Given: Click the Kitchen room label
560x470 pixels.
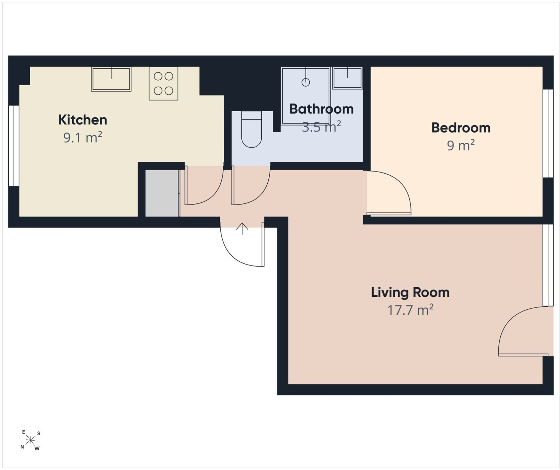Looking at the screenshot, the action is tap(83, 120).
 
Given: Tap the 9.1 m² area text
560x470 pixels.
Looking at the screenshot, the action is tap(83, 137).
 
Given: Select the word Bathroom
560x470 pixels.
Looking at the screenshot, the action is tap(321, 109).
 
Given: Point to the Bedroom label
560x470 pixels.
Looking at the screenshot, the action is tap(461, 128).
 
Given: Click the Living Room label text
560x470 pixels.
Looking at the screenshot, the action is tap(410, 293).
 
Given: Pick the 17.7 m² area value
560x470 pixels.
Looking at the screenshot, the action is tap(410, 310).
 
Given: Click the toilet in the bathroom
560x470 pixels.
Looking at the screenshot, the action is tap(252, 129).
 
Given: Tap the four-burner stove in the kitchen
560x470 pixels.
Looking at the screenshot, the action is tap(163, 83).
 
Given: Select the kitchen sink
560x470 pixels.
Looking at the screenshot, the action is tap(111, 79).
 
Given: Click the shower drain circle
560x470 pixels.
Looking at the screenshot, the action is tap(306, 82).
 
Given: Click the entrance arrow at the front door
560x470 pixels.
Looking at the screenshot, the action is tap(242, 229).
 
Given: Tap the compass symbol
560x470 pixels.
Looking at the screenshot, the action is tap(30, 440).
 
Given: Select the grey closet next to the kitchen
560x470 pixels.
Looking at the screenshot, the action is tap(162, 193).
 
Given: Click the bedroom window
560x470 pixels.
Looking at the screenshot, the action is tap(548, 134).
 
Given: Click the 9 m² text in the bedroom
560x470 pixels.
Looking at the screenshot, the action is tap(461, 145).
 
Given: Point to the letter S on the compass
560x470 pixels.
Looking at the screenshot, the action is tap(39, 434).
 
